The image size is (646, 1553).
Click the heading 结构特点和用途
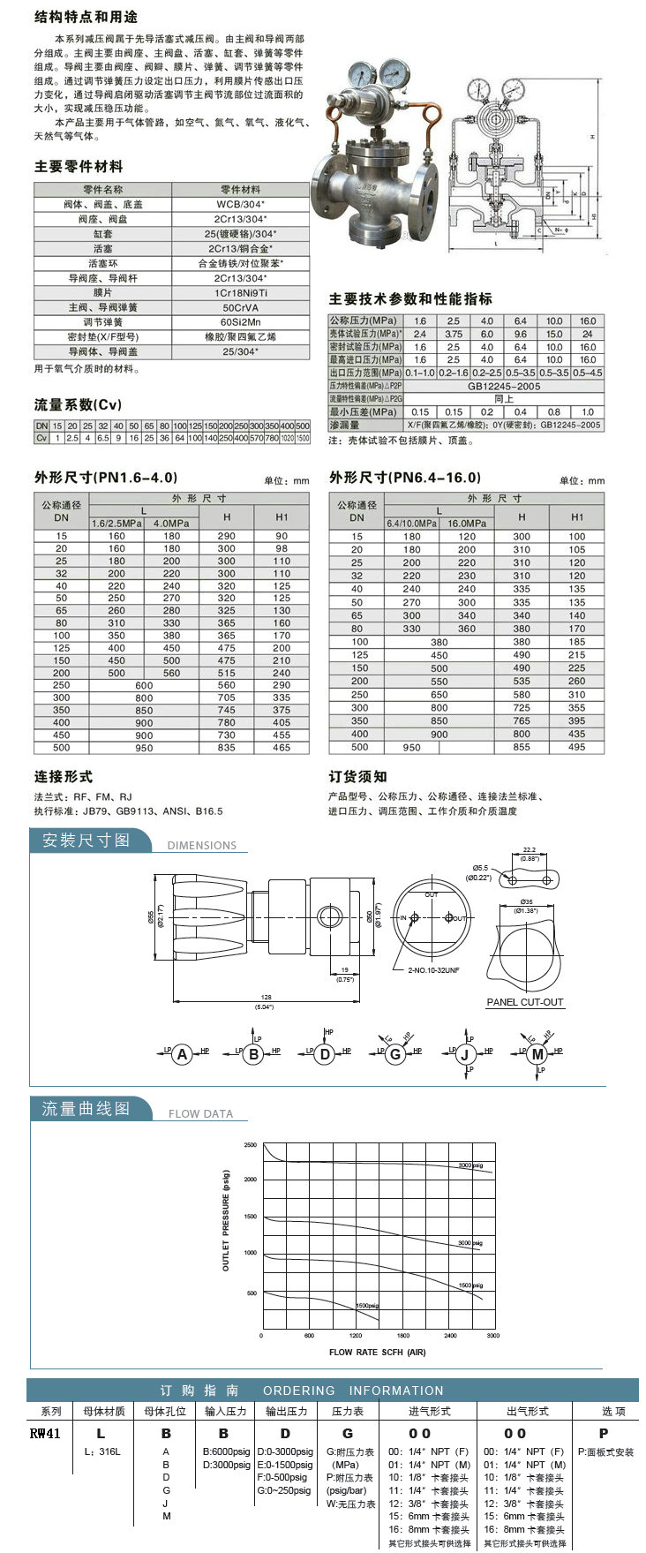[86, 17]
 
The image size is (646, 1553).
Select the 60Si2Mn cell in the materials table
[240, 322]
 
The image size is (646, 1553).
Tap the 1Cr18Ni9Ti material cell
[240, 293]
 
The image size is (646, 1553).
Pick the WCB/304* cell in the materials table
[240, 204]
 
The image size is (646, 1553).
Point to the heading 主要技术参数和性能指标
[410, 299]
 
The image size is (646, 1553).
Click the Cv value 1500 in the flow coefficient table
[302, 438]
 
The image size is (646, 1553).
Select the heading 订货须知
[357, 777]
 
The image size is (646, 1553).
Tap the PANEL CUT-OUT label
[524, 1002]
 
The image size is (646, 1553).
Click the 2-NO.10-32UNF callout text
[433, 970]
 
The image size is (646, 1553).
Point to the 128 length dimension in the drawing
[265, 996]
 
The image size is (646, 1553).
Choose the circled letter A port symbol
[182, 1054]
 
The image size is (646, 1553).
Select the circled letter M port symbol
[537, 1054]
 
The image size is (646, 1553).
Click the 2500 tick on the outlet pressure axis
[251, 1145]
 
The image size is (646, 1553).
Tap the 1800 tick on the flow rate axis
[402, 1336]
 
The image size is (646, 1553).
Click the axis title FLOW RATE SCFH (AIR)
[377, 1353]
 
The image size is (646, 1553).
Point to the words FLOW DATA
[200, 1114]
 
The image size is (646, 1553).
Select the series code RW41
[45, 1434]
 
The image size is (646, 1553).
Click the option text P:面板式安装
[605, 1451]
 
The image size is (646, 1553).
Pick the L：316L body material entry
[101, 1451]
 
